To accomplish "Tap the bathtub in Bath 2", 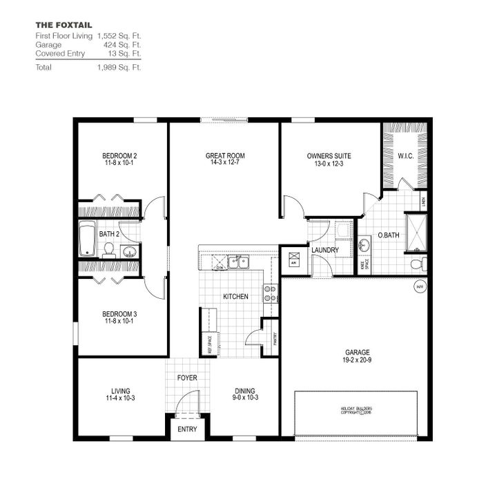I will click(x=87, y=239).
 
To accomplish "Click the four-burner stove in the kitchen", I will click(x=271, y=293).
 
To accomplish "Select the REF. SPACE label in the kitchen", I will click(x=210, y=343).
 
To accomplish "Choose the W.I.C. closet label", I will click(x=405, y=156).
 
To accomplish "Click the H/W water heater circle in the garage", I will click(x=419, y=286).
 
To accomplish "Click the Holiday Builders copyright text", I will click(x=356, y=411).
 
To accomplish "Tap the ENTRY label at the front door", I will click(x=187, y=429).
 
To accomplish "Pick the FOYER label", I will click(x=187, y=378).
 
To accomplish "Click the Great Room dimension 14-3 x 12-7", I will click(x=225, y=163).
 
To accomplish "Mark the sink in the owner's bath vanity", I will click(x=364, y=244).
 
